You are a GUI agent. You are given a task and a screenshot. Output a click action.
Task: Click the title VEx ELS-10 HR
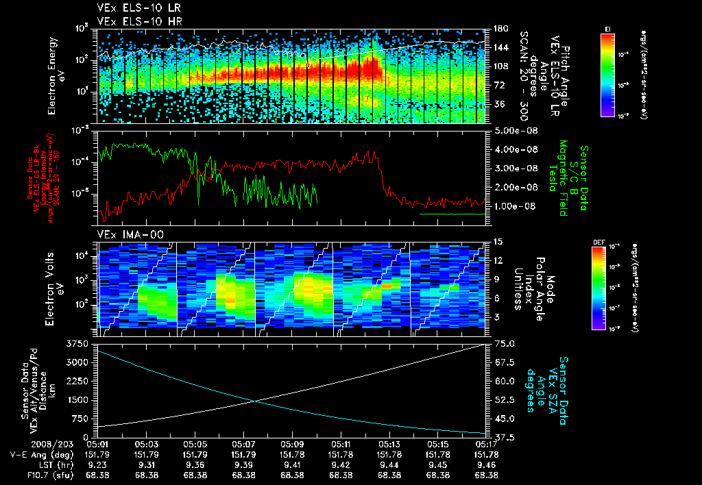(x=135, y=21)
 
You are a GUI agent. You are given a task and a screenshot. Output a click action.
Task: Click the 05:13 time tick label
(x=389, y=443)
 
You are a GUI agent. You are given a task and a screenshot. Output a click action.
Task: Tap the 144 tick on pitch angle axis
(x=500, y=47)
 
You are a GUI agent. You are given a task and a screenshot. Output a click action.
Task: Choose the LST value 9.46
(x=486, y=464)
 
